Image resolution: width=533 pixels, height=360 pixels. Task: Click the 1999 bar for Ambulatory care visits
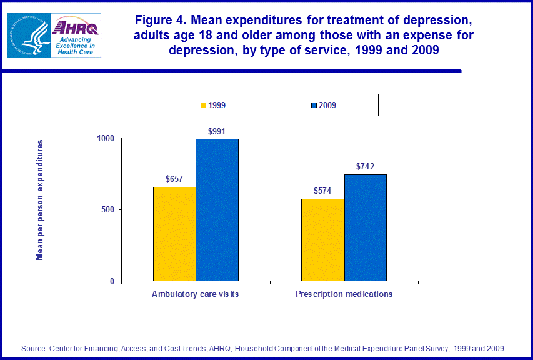point(174,234)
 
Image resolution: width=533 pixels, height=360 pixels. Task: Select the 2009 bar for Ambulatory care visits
point(217,210)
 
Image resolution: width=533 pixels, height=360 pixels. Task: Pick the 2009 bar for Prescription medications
point(365,227)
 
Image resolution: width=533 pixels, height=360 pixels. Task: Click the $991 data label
point(217,131)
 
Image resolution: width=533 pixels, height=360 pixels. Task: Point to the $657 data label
point(174,179)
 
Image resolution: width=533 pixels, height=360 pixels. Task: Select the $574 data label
point(322,191)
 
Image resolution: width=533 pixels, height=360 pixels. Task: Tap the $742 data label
point(365,166)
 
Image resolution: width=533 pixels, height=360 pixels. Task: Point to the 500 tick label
point(107,209)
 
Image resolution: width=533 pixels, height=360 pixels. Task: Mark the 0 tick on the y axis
point(112,281)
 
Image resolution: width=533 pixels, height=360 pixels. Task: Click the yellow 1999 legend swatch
point(203,105)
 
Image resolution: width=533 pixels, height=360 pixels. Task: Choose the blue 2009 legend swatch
point(314,105)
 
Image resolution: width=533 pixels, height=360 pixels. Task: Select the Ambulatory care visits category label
point(195,294)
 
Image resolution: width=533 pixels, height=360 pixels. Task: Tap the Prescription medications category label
point(344,294)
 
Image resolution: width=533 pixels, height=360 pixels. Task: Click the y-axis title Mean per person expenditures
point(40,200)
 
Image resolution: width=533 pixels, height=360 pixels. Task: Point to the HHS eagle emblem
point(27,35)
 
